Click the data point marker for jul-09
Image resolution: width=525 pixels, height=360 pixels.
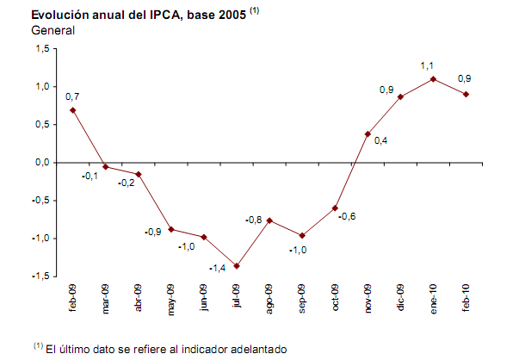click(x=237, y=266)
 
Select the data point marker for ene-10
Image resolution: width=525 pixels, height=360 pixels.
click(x=433, y=79)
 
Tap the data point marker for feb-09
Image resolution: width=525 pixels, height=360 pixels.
click(x=73, y=110)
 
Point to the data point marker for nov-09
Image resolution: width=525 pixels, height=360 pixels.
click(x=367, y=134)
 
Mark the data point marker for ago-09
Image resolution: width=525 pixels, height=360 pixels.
click(x=269, y=220)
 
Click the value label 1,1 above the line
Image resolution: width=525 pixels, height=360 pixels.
click(x=426, y=65)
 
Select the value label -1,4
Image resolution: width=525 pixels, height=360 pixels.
click(x=218, y=268)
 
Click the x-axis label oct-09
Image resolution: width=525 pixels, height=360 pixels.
click(x=335, y=298)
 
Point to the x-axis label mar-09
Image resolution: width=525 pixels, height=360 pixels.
click(x=106, y=298)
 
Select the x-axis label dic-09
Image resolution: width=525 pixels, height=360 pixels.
click(x=400, y=298)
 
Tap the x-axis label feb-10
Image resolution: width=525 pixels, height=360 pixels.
click(x=466, y=298)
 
